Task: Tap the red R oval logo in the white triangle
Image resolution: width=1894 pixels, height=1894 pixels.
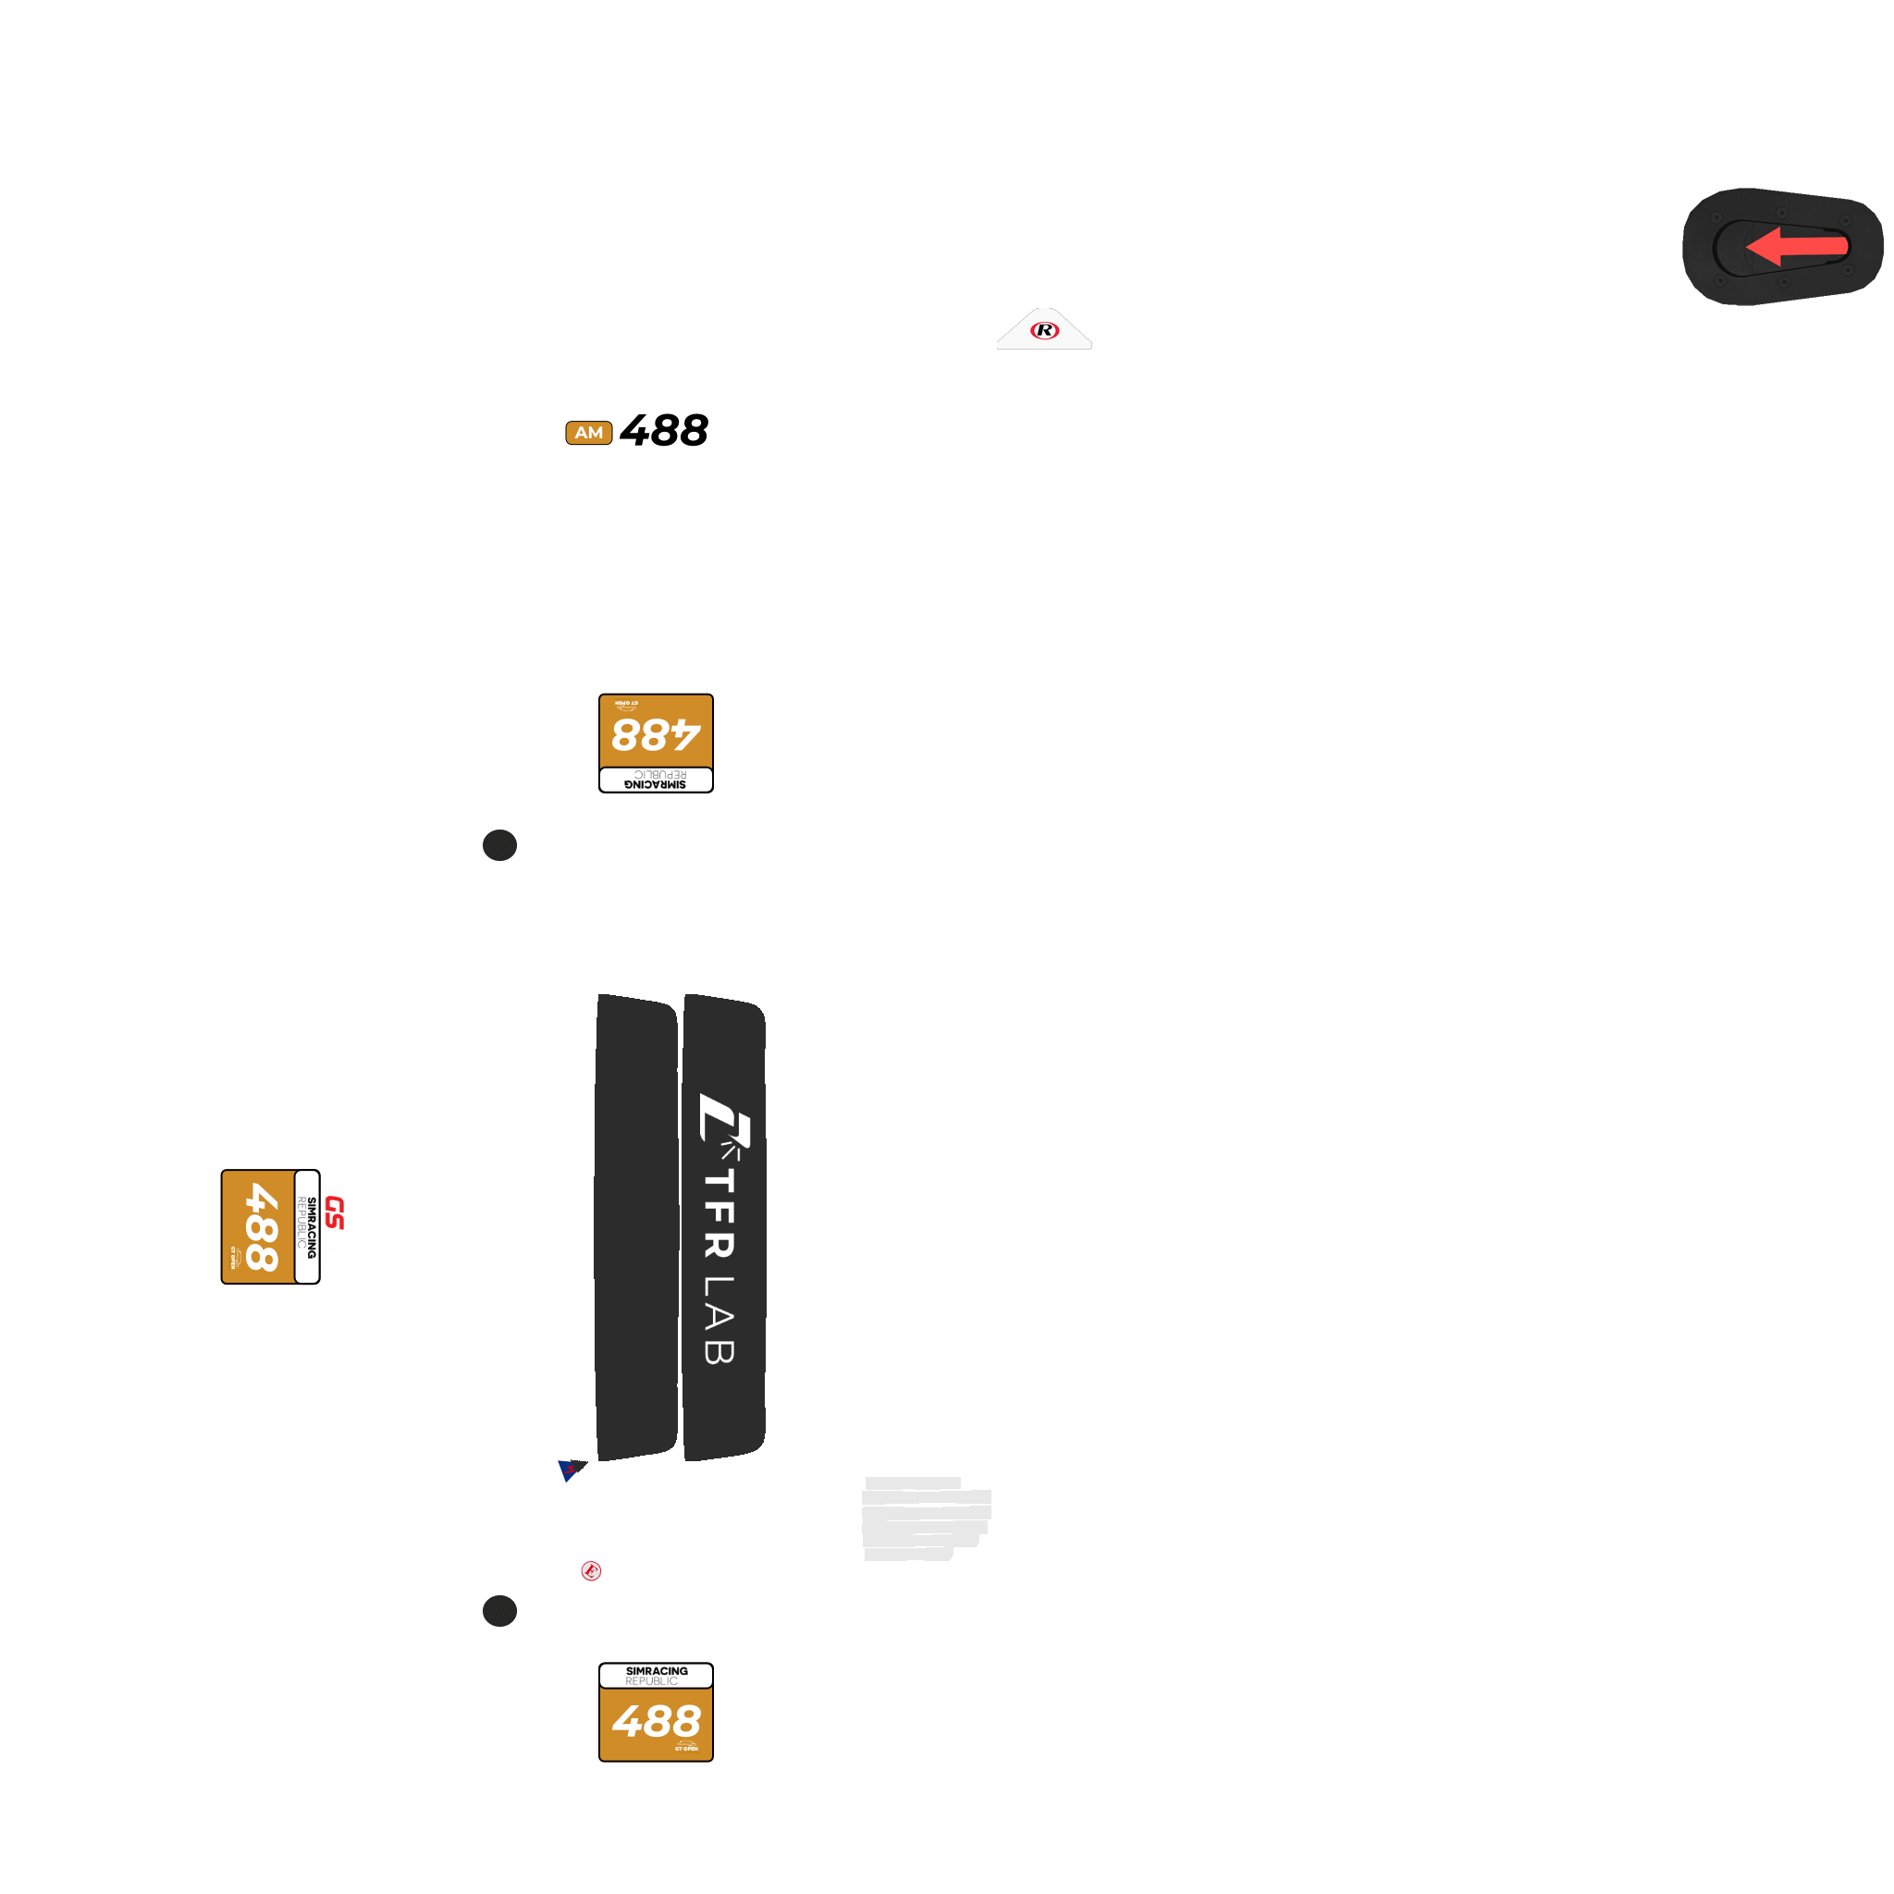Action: [1044, 330]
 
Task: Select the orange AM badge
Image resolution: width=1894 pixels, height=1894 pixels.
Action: [588, 432]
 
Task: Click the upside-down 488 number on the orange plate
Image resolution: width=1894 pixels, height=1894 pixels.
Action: [656, 734]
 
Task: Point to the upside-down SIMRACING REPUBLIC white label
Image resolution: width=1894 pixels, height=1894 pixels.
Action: [656, 780]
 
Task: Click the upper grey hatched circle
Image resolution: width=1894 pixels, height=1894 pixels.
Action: [499, 845]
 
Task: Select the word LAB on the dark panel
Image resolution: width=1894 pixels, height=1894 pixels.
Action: [719, 1320]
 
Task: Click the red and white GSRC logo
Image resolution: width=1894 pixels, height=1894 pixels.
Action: [334, 1228]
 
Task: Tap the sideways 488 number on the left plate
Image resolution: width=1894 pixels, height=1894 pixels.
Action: [261, 1226]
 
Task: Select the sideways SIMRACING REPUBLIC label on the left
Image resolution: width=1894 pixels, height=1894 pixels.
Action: [307, 1226]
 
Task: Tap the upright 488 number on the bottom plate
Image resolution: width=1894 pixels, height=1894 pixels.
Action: [656, 1721]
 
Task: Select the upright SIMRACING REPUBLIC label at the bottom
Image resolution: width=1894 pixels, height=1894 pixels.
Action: [656, 1676]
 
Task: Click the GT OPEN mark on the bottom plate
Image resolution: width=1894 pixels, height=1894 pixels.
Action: [686, 1746]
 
